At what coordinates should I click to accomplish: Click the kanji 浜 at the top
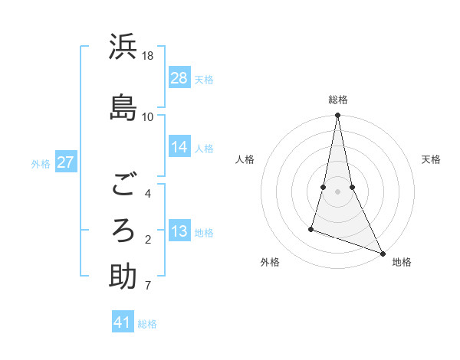(x=123, y=48)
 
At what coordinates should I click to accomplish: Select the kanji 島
(x=123, y=106)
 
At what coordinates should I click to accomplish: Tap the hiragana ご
(x=123, y=184)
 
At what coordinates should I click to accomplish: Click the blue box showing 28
(x=179, y=78)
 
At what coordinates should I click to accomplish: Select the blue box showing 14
(x=179, y=148)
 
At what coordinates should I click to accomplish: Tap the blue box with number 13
(x=179, y=232)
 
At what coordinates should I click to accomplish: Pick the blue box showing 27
(x=65, y=162)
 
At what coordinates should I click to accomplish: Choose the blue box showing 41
(x=123, y=323)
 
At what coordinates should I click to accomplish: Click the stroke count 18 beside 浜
(x=148, y=56)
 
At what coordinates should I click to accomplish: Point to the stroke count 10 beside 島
(x=148, y=116)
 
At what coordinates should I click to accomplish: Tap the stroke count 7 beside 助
(x=147, y=286)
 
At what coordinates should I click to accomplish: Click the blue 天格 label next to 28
(x=204, y=79)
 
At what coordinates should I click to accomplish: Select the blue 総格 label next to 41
(x=147, y=324)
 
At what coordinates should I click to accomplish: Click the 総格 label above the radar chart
(x=338, y=100)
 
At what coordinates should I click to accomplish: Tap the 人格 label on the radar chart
(x=245, y=159)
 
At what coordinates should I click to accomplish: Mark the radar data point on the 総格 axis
(x=338, y=116)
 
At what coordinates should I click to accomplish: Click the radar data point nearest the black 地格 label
(x=383, y=254)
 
